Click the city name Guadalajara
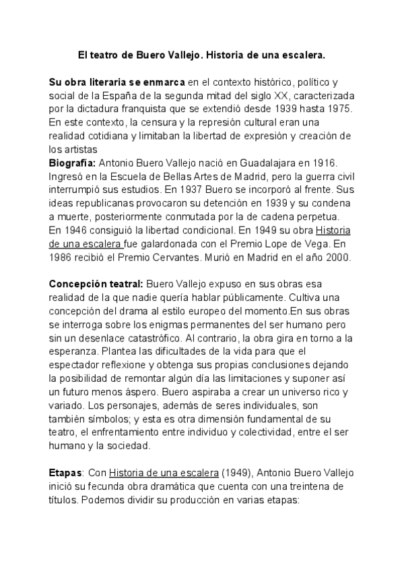pos(288,163)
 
